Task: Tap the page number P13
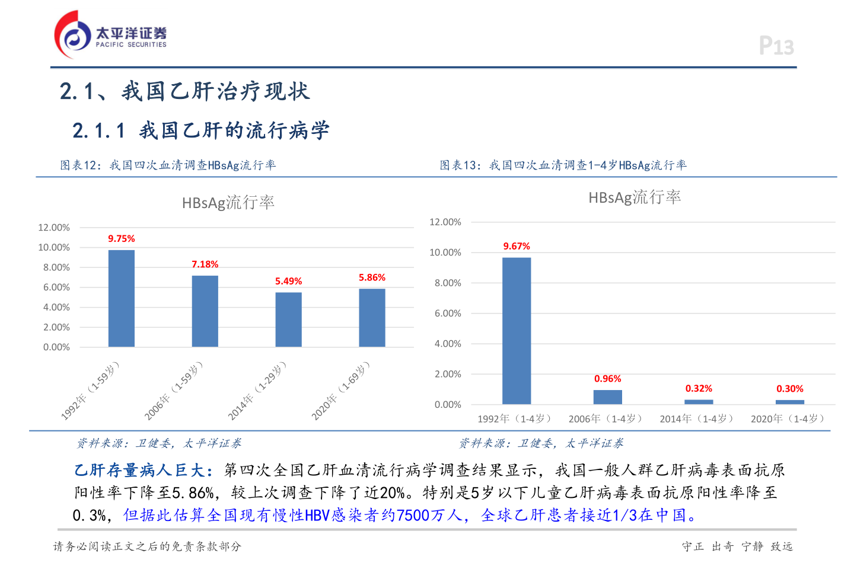(776, 46)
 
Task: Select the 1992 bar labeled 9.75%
(121, 298)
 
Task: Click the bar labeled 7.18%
(205, 311)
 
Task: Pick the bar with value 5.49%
(288, 319)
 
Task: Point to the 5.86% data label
(372, 277)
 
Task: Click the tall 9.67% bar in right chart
(517, 331)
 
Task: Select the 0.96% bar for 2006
(607, 397)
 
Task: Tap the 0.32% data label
(699, 389)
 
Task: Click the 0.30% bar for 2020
(789, 402)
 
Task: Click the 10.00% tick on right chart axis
(445, 253)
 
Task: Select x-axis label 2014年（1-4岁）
(698, 418)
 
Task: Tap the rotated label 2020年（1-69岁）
(340, 391)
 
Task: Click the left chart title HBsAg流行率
(228, 203)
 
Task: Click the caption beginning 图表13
(563, 165)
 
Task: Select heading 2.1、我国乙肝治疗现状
(184, 91)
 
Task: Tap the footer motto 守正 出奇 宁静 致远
(737, 547)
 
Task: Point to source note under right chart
(541, 443)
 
